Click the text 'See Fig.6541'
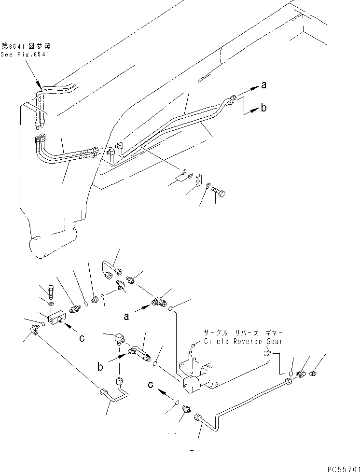click(25, 55)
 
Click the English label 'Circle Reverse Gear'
click(243, 341)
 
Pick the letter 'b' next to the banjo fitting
click(100, 366)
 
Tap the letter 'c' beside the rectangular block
click(82, 338)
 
